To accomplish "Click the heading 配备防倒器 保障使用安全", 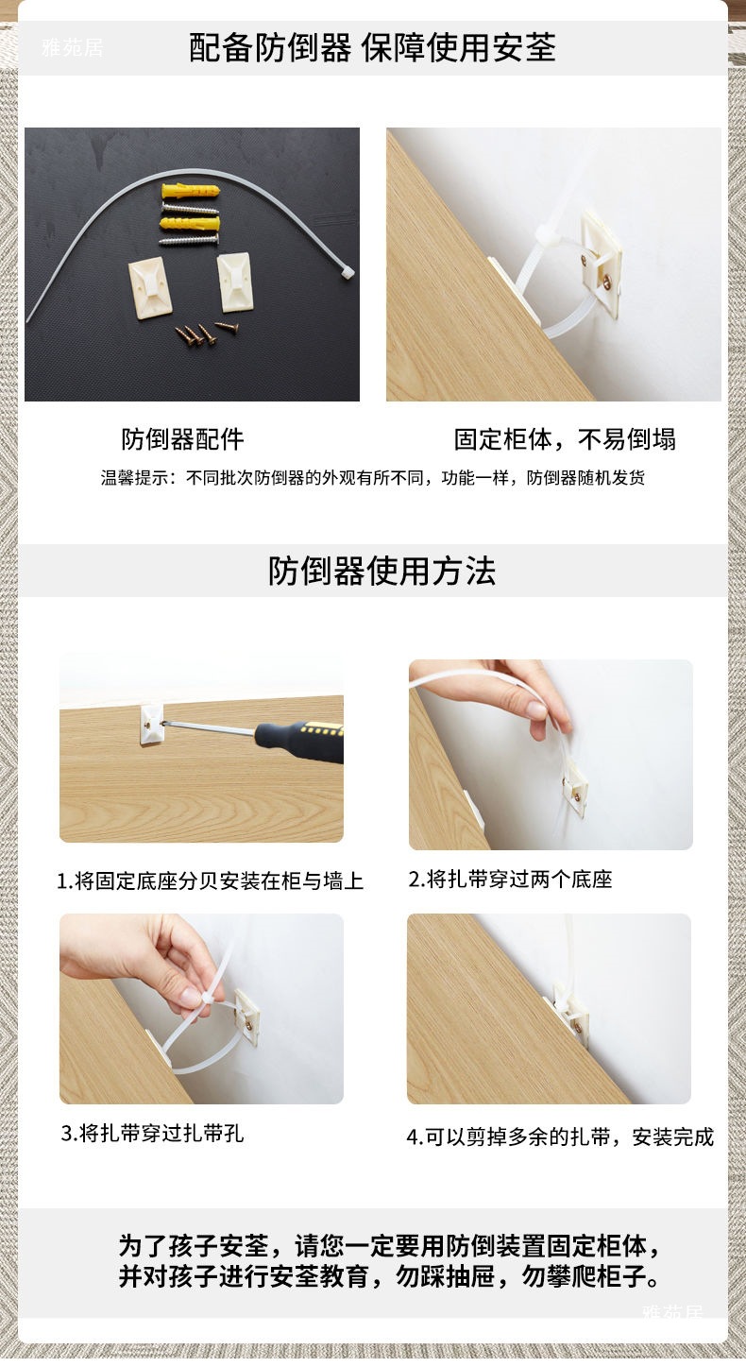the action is point(372,48).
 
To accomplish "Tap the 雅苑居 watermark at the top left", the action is point(73,47).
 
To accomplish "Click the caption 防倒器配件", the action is point(182,438).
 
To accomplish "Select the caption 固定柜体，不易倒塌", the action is point(565,439).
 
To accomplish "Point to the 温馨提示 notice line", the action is point(373,477).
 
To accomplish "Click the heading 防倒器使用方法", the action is point(381,571).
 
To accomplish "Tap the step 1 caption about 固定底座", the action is point(210,880).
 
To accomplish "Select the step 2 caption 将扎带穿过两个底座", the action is point(510,879).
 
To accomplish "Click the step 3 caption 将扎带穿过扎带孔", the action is point(152,1134).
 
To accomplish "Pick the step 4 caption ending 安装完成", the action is point(560,1136).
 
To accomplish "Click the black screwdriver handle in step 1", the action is point(299,741).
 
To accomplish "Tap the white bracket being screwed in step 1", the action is point(151,725).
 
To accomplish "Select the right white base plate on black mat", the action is point(235,282).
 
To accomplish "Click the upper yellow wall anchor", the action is point(191,191).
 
